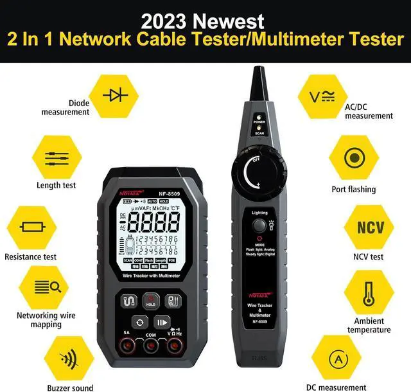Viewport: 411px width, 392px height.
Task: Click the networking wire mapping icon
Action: tap(47, 287)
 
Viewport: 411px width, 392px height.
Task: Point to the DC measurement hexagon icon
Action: tap(338, 359)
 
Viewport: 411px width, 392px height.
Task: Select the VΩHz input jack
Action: tap(175, 347)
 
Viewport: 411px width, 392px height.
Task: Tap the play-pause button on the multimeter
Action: tap(163, 323)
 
